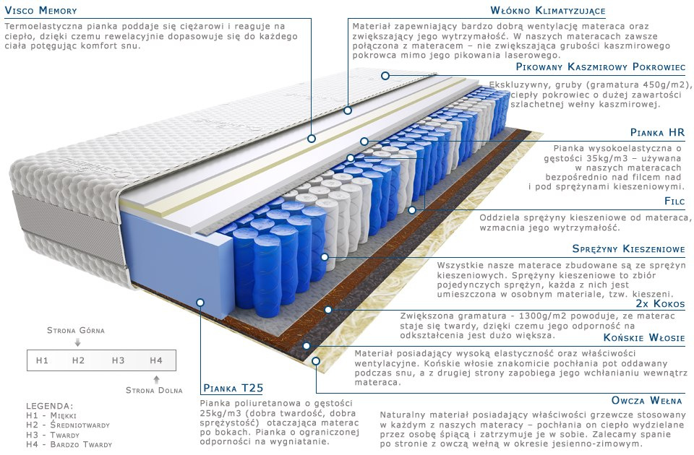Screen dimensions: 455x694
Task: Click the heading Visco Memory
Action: pyautogui.click(x=40, y=11)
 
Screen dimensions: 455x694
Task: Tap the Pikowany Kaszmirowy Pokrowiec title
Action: pyautogui.click(x=600, y=66)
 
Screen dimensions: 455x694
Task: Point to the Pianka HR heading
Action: pyautogui.click(x=657, y=133)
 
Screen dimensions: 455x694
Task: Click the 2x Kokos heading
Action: pyautogui.click(x=660, y=304)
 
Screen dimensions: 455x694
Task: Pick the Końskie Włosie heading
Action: pyautogui.click(x=644, y=338)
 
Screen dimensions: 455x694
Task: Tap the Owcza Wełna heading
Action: pyautogui.click(x=648, y=399)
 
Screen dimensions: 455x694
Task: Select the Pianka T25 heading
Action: pyautogui.click(x=230, y=387)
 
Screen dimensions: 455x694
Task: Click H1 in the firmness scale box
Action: pyautogui.click(x=42, y=360)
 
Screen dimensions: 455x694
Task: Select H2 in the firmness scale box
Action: pyautogui.click(x=79, y=360)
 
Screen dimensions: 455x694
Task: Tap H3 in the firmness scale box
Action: pyautogui.click(x=118, y=360)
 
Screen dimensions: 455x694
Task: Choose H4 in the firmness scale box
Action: pyautogui.click(x=155, y=360)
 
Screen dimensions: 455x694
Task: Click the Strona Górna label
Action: pyautogui.click(x=76, y=330)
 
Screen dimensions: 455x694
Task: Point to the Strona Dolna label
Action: pyautogui.click(x=154, y=391)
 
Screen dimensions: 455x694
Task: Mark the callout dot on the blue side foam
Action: pyautogui.click(x=200, y=303)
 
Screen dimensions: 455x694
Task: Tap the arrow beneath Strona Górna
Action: pyautogui.click(x=77, y=342)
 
